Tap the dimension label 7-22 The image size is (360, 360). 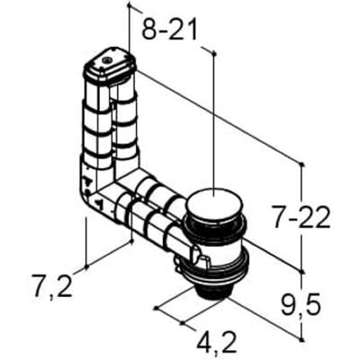[x=301, y=220]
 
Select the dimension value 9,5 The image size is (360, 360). [x=301, y=303]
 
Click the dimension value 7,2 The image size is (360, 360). [x=52, y=285]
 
